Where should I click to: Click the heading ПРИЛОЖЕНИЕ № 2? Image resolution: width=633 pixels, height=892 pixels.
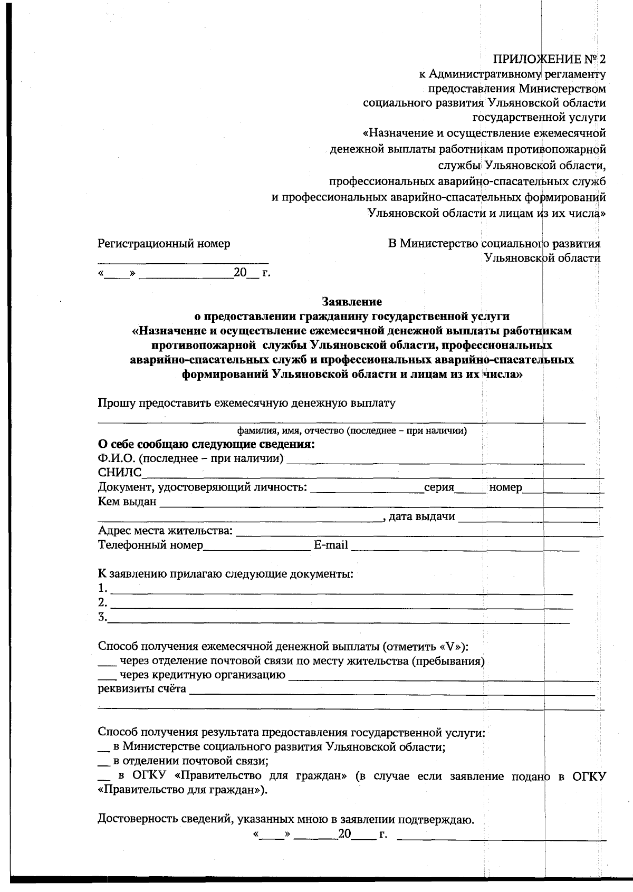point(549,59)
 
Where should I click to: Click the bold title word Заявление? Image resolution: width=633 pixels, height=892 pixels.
point(352,302)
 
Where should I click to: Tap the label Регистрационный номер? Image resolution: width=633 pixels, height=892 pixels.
point(164,244)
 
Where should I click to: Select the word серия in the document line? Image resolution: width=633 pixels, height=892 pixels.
point(439,487)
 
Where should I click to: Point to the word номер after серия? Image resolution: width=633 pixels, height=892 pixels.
point(505,487)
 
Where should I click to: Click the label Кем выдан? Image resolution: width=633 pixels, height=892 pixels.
point(127,502)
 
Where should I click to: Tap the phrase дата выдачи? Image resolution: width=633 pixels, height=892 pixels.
point(422,516)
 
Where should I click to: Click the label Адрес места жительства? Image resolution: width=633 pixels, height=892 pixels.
point(165,531)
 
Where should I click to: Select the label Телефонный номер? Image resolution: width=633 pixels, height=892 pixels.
point(150,545)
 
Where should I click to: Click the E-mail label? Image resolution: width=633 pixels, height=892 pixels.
point(331,545)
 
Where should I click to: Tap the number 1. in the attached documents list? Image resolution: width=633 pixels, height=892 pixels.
point(103,588)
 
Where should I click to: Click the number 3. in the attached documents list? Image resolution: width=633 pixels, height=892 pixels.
point(103,617)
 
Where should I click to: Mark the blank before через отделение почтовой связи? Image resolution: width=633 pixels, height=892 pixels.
point(107,662)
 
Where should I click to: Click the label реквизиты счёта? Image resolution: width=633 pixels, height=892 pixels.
point(142,689)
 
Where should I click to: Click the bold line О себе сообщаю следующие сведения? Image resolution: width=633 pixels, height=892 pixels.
point(206,444)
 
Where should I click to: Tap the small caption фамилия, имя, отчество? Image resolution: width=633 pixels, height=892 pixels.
point(351,431)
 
